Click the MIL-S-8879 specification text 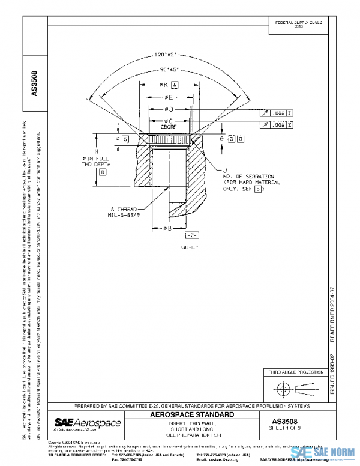pyautogui.click(x=125, y=214)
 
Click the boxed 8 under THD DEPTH pyautogui.click(x=103, y=172)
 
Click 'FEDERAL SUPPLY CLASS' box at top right pyautogui.click(x=298, y=23)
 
